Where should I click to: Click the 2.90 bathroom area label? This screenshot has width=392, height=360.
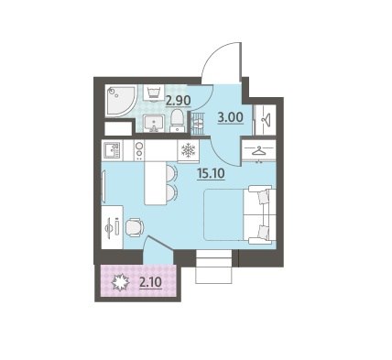(179, 100)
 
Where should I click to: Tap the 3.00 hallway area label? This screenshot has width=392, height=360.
(231, 117)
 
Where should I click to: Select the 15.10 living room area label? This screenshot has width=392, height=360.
(211, 174)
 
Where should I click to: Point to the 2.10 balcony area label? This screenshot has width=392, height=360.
(150, 282)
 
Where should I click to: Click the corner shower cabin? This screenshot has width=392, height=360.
(120, 101)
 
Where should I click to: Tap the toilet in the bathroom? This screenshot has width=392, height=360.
(177, 121)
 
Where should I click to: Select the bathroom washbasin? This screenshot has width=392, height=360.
(154, 124)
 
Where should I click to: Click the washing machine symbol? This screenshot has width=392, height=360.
(154, 93)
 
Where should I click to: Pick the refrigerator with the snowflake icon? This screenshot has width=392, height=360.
(188, 150)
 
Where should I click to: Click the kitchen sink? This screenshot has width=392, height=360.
(112, 150)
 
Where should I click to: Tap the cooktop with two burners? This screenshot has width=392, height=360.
(139, 150)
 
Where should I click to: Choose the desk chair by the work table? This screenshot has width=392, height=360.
(135, 227)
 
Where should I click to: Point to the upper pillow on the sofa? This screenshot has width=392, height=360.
(263, 197)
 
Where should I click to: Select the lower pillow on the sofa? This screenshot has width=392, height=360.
(263, 232)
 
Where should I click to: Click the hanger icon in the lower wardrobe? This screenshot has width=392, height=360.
(259, 151)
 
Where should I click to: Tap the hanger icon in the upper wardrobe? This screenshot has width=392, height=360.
(267, 119)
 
